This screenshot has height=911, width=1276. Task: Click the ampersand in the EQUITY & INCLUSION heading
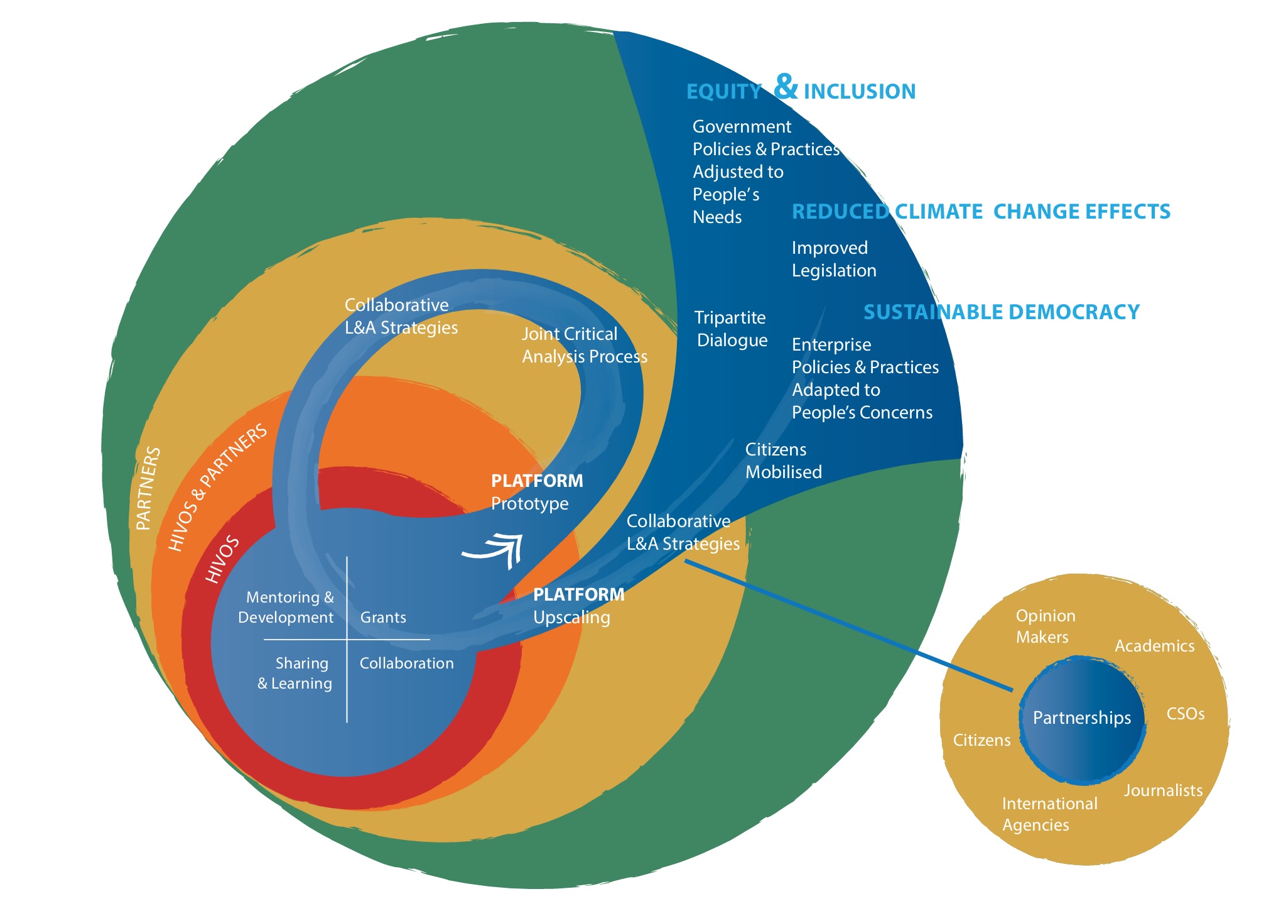(786, 87)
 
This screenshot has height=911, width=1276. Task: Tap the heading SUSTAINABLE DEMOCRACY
(1001, 312)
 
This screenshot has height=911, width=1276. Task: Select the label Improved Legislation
(833, 259)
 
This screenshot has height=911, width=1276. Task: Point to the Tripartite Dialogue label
(732, 329)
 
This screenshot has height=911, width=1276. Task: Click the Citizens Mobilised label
(782, 461)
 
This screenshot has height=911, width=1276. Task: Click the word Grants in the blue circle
(383, 618)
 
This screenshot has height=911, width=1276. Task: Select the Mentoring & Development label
(287, 607)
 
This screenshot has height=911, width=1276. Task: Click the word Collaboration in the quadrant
(406, 663)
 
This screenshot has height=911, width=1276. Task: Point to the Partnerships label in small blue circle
(1081, 717)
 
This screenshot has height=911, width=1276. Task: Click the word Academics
(1154, 646)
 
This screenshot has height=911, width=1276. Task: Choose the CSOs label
(1185, 714)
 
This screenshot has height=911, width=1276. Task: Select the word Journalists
(1163, 790)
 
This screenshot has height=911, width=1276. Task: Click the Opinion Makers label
(1045, 626)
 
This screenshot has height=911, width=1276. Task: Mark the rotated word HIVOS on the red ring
(223, 559)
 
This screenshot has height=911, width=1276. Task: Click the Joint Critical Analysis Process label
(583, 345)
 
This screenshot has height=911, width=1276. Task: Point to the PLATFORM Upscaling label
(578, 606)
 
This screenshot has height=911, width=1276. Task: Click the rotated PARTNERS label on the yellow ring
(148, 488)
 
